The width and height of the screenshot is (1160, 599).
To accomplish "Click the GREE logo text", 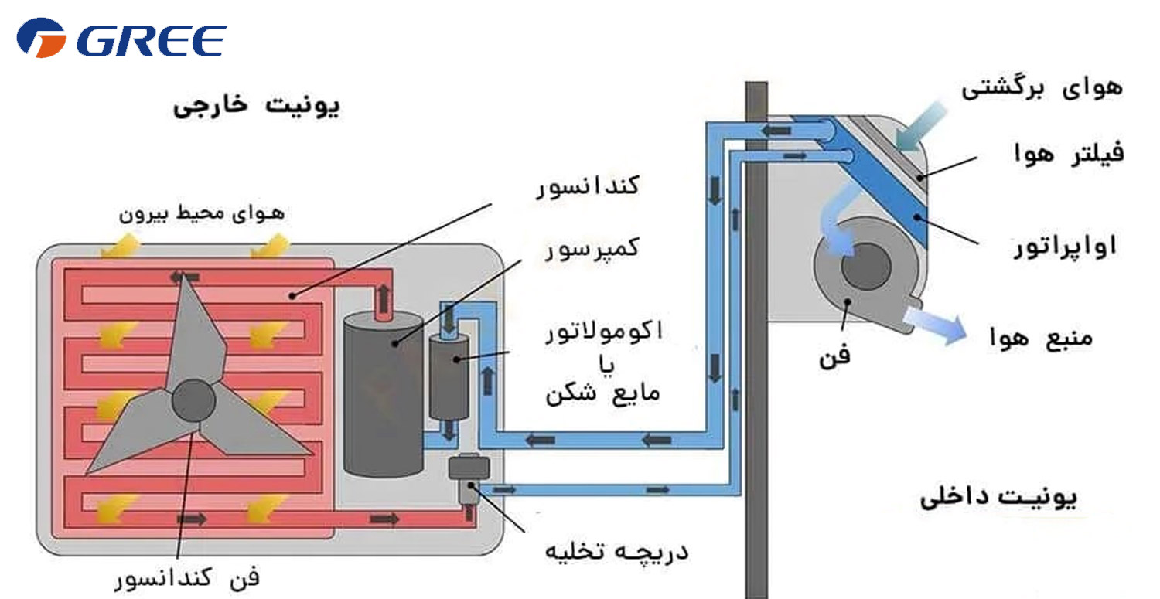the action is (152, 40).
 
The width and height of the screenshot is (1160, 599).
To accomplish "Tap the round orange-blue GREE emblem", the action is (41, 38).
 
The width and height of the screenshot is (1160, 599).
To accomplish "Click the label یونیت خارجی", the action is (256, 106).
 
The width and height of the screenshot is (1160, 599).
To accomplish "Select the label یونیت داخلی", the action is (998, 498).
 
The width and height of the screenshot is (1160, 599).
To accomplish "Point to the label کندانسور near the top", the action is (588, 185).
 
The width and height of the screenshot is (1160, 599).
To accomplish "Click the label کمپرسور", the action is (592, 249).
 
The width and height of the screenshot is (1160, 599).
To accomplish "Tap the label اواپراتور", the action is (1065, 246).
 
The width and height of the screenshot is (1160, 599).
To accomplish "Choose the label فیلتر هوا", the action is (1069, 153).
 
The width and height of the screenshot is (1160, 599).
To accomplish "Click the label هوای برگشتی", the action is (1042, 88).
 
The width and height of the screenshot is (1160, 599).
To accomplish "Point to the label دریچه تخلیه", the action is (617, 551).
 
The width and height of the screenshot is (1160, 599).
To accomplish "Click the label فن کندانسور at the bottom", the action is (187, 578).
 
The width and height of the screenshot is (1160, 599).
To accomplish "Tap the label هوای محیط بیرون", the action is (202, 213).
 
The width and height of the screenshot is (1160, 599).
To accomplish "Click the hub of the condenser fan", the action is (193, 400).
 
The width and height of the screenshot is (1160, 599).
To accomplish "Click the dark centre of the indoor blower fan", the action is (866, 266).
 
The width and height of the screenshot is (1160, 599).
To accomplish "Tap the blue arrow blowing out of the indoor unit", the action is (936, 324).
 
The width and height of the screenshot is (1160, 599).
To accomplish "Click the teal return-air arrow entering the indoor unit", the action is (919, 128).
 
